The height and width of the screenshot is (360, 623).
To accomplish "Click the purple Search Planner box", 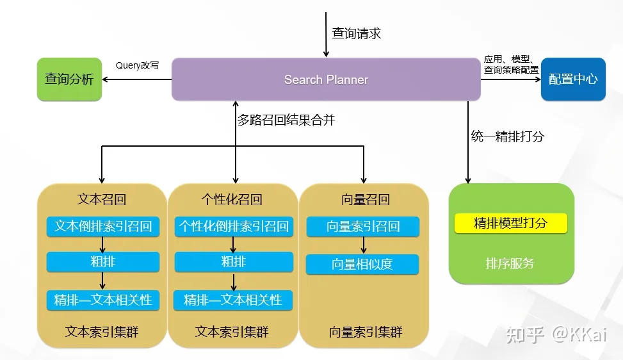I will [326, 79].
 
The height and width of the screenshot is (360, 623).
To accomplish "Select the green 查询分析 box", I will [69, 79].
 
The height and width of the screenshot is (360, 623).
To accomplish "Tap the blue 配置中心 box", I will [573, 79].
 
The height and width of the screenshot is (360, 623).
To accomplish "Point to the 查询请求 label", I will [357, 33].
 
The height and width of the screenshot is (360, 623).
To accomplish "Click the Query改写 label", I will [137, 65].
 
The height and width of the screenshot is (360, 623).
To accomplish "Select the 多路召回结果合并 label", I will [286, 120].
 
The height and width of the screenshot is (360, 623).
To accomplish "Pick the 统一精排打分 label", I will [508, 136].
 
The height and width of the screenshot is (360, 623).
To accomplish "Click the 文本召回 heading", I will [102, 199].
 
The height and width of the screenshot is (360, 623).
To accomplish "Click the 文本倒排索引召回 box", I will [103, 226].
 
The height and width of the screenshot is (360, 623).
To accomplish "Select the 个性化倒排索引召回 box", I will [234, 226].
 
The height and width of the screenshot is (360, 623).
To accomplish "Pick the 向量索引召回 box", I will [363, 226].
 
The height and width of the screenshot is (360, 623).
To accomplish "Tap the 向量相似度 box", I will [362, 264].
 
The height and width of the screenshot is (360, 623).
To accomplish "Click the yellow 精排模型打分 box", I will [510, 223].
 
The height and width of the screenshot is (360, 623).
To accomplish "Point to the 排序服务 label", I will [510, 263].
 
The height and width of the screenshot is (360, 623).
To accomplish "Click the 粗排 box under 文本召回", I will [103, 261].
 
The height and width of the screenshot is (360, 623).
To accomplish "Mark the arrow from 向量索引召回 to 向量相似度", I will [363, 245].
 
